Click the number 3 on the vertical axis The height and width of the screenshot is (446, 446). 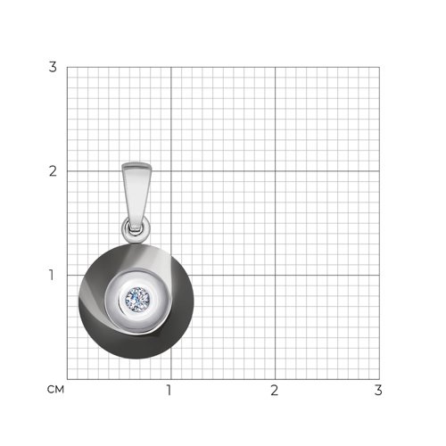tap(53, 67)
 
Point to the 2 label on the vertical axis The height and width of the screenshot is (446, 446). tap(53, 171)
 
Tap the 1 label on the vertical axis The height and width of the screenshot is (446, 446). tap(52, 275)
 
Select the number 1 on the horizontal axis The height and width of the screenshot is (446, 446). tap(169, 390)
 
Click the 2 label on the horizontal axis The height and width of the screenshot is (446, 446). tap(274, 390)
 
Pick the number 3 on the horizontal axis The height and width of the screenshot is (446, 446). tap(378, 390)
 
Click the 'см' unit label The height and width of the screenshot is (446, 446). tap(55, 390)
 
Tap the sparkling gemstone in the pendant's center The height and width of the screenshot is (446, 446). tap(137, 298)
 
